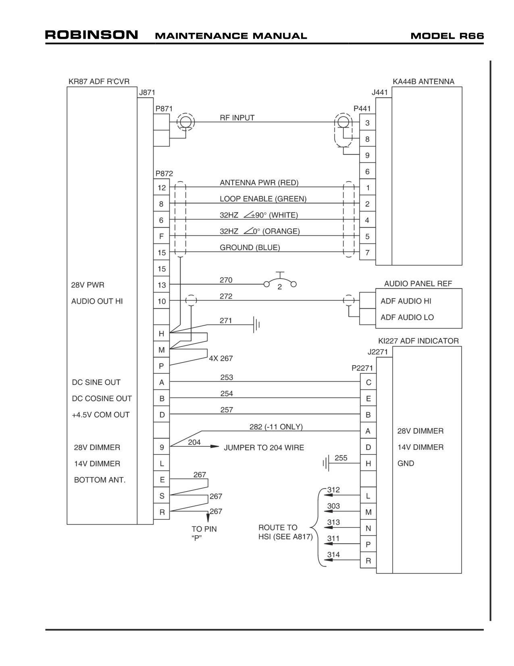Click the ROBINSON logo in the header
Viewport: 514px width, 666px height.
click(x=92, y=35)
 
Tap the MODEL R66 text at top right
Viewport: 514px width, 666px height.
click(x=447, y=36)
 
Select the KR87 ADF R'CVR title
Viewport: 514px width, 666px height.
click(x=99, y=82)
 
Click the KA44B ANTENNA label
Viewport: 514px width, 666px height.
click(x=423, y=82)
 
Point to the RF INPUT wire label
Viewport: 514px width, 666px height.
click(x=237, y=118)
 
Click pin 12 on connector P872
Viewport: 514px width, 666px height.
click(x=162, y=188)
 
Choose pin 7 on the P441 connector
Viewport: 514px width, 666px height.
click(x=367, y=253)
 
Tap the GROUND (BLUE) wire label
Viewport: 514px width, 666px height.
click(x=250, y=248)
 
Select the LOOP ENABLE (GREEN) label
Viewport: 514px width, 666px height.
click(x=263, y=199)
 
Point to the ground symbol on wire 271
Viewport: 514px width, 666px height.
click(x=256, y=325)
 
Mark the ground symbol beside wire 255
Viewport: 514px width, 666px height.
click(x=326, y=463)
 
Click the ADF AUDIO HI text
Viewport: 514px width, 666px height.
click(x=406, y=301)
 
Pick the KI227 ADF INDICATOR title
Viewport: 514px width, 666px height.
click(x=418, y=341)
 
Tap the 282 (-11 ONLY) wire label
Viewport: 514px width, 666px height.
click(x=276, y=427)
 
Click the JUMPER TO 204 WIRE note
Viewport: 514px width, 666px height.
click(x=264, y=448)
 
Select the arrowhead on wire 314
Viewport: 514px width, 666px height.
click(x=329, y=560)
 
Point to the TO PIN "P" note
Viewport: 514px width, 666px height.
click(x=204, y=533)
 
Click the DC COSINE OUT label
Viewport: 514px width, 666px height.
click(x=102, y=398)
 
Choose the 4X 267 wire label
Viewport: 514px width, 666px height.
click(x=221, y=358)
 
